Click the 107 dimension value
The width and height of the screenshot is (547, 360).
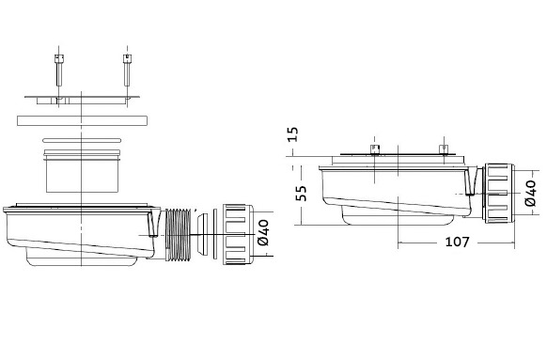[458, 242]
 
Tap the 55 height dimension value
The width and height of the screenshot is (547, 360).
[301, 194]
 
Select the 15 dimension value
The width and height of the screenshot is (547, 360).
[292, 134]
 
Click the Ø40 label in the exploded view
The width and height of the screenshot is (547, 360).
[263, 232]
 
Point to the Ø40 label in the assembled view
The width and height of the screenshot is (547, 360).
[530, 194]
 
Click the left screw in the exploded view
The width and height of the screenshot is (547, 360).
[59, 70]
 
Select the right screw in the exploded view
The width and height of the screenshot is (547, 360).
[127, 70]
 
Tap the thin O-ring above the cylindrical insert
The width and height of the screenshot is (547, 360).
[82, 140]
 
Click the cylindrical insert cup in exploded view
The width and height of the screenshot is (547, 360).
[83, 171]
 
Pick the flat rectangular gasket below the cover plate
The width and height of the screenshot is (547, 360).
[82, 120]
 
